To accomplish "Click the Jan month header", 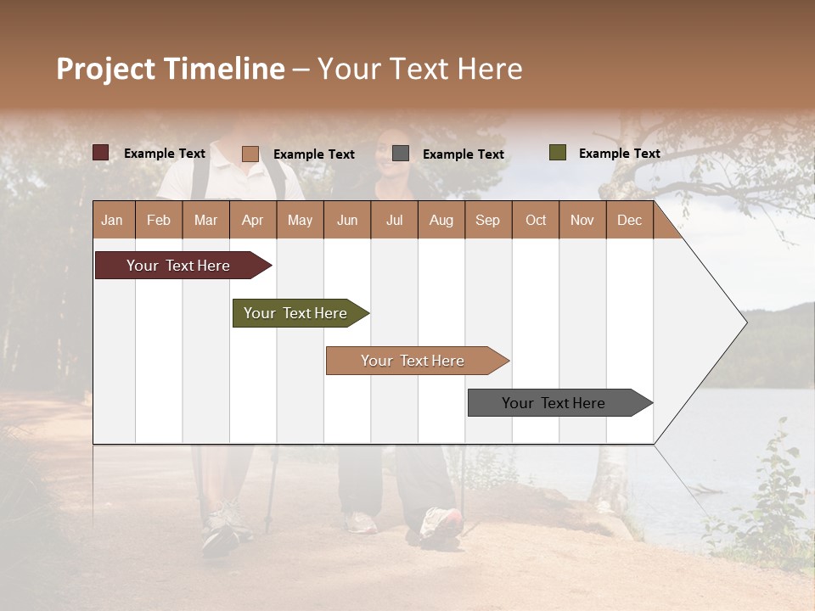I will (112, 220).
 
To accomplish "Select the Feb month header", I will (159, 220).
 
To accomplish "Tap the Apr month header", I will (252, 220).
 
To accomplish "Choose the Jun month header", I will (347, 220).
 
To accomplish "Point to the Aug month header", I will (441, 220).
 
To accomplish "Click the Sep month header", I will (487, 220).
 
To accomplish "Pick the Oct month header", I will (536, 220).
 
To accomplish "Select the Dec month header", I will (629, 220).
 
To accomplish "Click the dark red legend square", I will (101, 153).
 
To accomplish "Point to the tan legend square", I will (250, 154).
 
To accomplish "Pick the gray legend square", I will (401, 154).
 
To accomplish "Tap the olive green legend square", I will (558, 153).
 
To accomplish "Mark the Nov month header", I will (582, 220).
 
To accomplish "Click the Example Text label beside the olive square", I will (619, 154).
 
